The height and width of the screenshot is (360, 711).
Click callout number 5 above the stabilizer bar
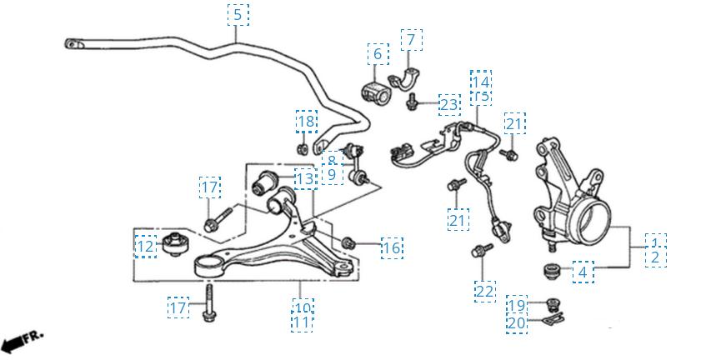pyautogui.click(x=238, y=14)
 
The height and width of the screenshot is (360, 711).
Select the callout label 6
pyautogui.click(x=377, y=55)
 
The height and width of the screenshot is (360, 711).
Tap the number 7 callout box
pyautogui.click(x=410, y=38)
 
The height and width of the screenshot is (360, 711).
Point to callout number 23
pyautogui.click(x=449, y=104)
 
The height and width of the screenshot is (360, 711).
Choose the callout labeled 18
pyautogui.click(x=307, y=122)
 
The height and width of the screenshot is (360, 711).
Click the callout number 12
pyautogui.click(x=146, y=247)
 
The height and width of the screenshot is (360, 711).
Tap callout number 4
pyautogui.click(x=583, y=272)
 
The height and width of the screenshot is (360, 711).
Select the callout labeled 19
pyautogui.click(x=517, y=305)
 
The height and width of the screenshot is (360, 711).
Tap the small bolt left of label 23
pyautogui.click(x=413, y=103)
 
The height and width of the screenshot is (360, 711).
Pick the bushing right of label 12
pyautogui.click(x=176, y=242)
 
